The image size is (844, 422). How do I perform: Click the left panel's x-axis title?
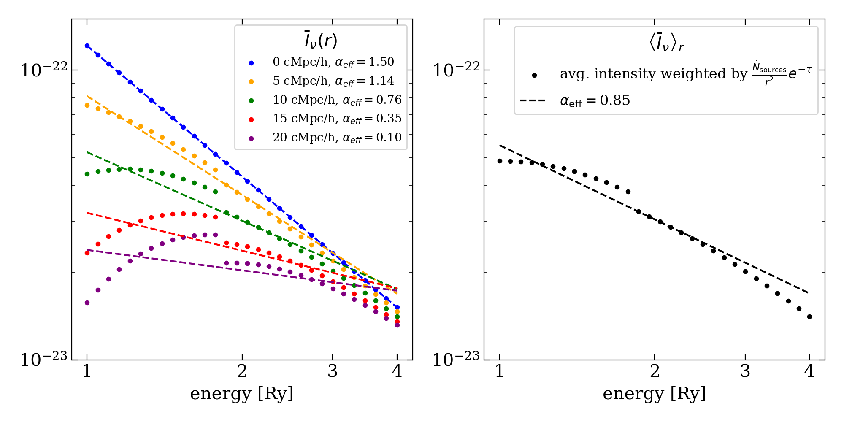coord(242,394)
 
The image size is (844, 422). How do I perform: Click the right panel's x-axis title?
coord(655,394)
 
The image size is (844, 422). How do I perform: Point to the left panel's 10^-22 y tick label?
coord(44,69)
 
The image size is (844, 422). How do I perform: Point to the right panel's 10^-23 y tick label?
coord(456,359)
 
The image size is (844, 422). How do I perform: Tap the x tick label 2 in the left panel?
coord(242,371)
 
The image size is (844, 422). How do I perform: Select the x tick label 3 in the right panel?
coord(745,371)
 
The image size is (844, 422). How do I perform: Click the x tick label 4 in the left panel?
coord(397,371)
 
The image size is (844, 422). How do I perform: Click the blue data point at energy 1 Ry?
coord(87,46)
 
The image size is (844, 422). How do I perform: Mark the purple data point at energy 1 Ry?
coord(87,303)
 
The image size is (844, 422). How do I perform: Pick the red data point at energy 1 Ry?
coord(87,253)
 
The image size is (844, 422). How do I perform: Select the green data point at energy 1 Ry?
coord(87,174)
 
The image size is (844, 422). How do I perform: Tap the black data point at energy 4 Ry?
coord(809,316)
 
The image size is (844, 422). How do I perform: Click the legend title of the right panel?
coord(666,43)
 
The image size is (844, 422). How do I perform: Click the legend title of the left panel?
coord(321,41)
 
